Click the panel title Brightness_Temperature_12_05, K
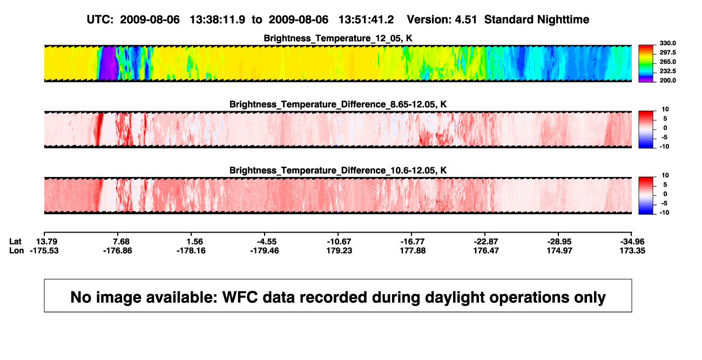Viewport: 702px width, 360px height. click(338, 38)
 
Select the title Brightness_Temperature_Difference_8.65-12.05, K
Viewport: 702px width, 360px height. click(338, 104)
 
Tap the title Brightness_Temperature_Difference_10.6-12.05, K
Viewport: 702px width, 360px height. click(338, 171)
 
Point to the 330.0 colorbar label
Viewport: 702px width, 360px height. click(667, 43)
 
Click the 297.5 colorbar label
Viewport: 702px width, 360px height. click(667, 52)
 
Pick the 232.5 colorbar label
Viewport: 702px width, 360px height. click(667, 71)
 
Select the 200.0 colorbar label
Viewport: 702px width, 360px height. click(667, 80)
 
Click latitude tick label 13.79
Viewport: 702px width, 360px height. click(46, 242)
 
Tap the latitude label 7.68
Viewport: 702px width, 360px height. click(122, 242)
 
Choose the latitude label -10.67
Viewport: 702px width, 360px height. click(339, 242)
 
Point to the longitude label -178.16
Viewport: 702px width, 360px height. click(191, 250)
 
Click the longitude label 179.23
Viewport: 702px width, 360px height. click(339, 250)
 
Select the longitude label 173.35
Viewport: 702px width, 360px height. click(632, 250)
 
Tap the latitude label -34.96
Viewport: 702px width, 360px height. click(632, 242)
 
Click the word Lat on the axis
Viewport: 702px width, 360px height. click(15, 242)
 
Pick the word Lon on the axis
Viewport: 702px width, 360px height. click(17, 250)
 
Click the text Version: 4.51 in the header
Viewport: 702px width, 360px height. click(442, 20)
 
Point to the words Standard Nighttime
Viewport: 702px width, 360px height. click(537, 20)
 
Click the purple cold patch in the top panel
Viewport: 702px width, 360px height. click(109, 63)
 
